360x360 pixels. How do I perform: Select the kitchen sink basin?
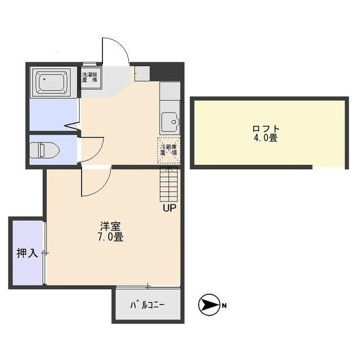click(169, 121)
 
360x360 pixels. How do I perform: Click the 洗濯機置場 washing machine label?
click(90, 76)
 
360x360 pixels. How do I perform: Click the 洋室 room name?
click(110, 227)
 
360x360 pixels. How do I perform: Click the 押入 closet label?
click(26, 253)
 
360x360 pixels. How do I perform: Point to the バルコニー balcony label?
click(148, 306)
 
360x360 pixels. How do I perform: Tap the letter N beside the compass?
click(224, 306)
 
